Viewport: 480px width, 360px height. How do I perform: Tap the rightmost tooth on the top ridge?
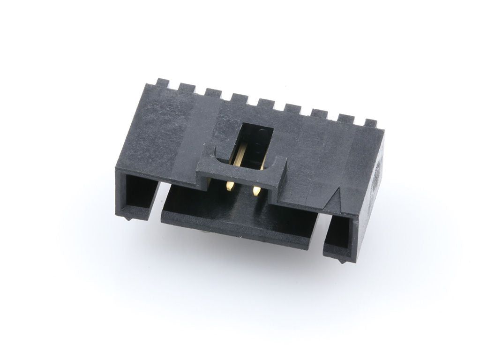click(x=371, y=124)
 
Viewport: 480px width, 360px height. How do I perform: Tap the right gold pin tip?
click(x=257, y=190)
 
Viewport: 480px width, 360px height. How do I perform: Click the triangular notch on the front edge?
click(x=338, y=200)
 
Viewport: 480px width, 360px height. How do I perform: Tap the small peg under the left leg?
click(x=129, y=218)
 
